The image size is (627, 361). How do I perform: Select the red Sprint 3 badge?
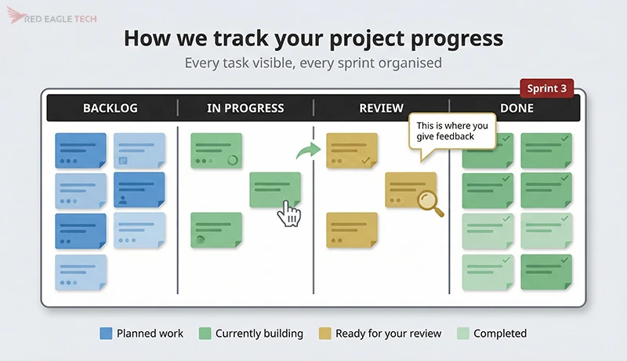546,88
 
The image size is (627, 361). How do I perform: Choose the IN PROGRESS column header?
245,108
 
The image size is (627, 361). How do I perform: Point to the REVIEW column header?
381,108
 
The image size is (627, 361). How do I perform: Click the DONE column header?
516,108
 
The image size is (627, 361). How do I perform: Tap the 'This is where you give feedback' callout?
452,131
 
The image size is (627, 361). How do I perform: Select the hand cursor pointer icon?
291,214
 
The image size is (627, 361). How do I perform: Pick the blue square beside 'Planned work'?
106,334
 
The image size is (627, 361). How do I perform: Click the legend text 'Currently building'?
259,334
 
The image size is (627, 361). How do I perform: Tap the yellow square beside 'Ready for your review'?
324,334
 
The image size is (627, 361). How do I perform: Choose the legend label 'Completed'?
499,334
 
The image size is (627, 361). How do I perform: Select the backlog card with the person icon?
140,190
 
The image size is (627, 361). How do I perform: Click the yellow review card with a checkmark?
352,150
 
